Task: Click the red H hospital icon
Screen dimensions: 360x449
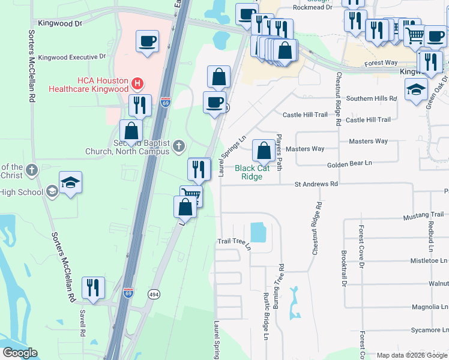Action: [x=137, y=82]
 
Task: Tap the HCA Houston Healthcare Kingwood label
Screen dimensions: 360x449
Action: [x=103, y=85]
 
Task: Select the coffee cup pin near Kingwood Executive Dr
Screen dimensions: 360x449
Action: [x=147, y=42]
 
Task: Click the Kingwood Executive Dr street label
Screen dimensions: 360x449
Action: [x=71, y=57]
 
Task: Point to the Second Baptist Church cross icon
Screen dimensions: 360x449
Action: [x=178, y=146]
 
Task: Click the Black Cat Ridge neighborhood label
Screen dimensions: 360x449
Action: [x=252, y=172]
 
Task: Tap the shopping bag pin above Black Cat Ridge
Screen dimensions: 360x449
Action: [x=264, y=151]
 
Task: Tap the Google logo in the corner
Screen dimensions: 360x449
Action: [x=20, y=353]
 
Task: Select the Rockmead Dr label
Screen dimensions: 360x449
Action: [x=312, y=8]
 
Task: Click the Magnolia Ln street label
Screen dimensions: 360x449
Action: [x=429, y=307]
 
